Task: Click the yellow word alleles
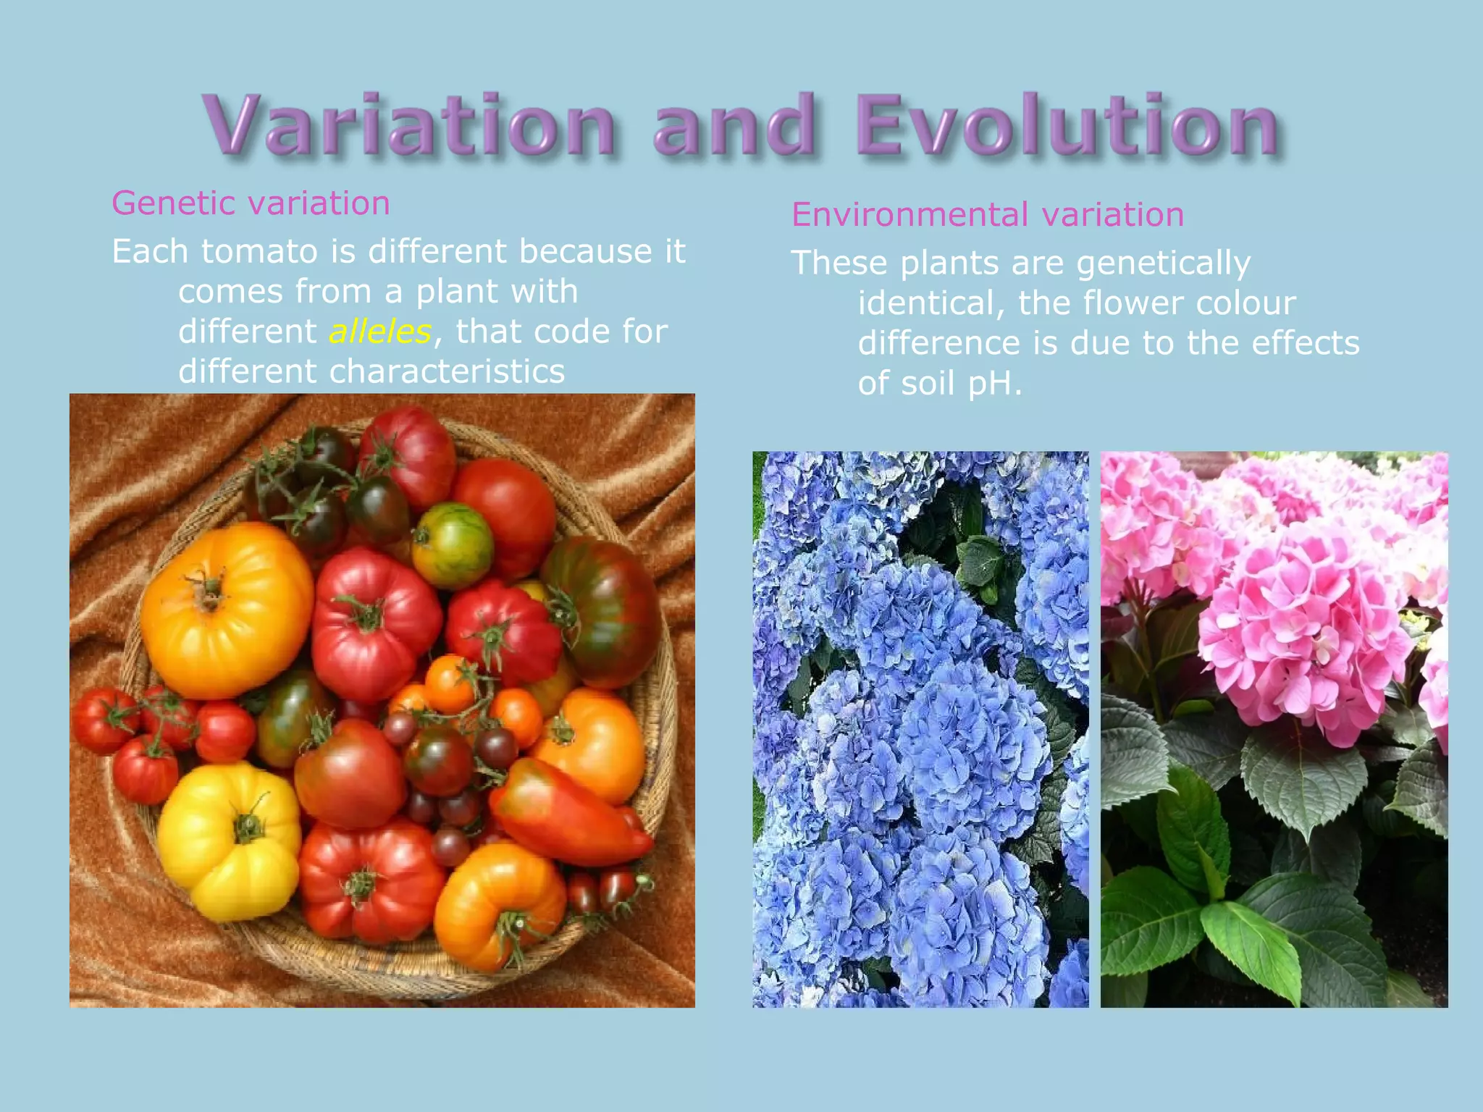(x=380, y=332)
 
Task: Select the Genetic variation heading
(x=251, y=203)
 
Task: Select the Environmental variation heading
(x=987, y=215)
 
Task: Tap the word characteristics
(x=447, y=372)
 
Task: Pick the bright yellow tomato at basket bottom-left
(x=230, y=840)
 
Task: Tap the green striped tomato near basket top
(x=452, y=544)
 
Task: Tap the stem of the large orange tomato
(x=209, y=591)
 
